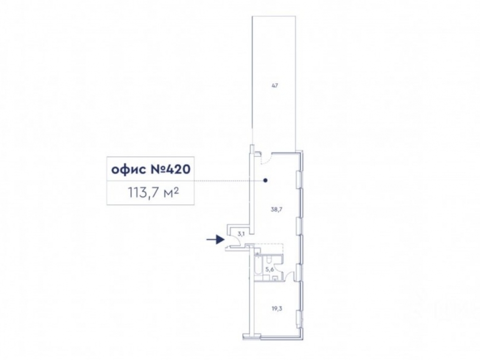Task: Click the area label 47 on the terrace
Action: pyautogui.click(x=275, y=86)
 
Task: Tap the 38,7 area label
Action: pyautogui.click(x=276, y=210)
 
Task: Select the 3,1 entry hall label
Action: pyautogui.click(x=241, y=235)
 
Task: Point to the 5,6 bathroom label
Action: pyautogui.click(x=269, y=269)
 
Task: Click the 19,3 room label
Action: pyautogui.click(x=277, y=309)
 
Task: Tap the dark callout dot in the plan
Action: pyautogui.click(x=265, y=180)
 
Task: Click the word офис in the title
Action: pyautogui.click(x=128, y=169)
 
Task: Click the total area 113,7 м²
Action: pyautogui.click(x=154, y=193)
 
